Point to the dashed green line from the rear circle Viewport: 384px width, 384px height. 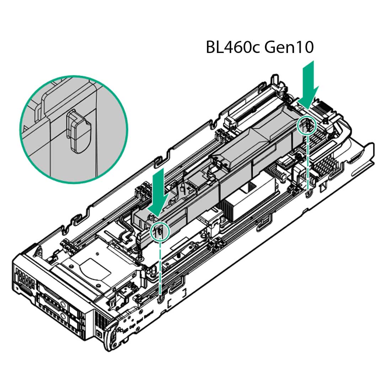tap(307, 160)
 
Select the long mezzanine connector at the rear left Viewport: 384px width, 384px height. tap(249, 103)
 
